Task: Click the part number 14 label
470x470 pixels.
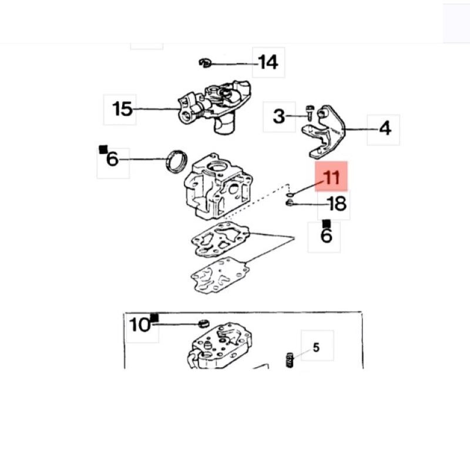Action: click(x=268, y=62)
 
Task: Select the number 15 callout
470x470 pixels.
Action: click(x=122, y=109)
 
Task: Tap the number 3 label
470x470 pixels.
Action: click(x=279, y=116)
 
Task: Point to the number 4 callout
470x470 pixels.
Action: click(x=385, y=128)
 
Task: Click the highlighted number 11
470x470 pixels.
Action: click(x=331, y=177)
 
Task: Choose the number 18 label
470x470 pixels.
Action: click(x=337, y=204)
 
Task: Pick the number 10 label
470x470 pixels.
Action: click(x=140, y=325)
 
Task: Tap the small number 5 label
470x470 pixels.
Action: click(x=316, y=348)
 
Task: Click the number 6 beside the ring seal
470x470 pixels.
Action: click(x=112, y=159)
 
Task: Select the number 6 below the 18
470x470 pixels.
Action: click(x=327, y=236)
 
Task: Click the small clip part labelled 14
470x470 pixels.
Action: click(x=205, y=63)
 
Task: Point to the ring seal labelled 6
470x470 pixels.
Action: click(x=176, y=162)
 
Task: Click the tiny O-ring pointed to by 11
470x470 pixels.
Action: click(x=290, y=195)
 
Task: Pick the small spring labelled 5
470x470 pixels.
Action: click(x=290, y=360)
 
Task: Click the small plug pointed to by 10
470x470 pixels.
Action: click(x=204, y=324)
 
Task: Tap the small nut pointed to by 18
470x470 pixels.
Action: click(x=289, y=203)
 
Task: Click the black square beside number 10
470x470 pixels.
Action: click(x=155, y=317)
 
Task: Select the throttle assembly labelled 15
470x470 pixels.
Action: click(x=214, y=106)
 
